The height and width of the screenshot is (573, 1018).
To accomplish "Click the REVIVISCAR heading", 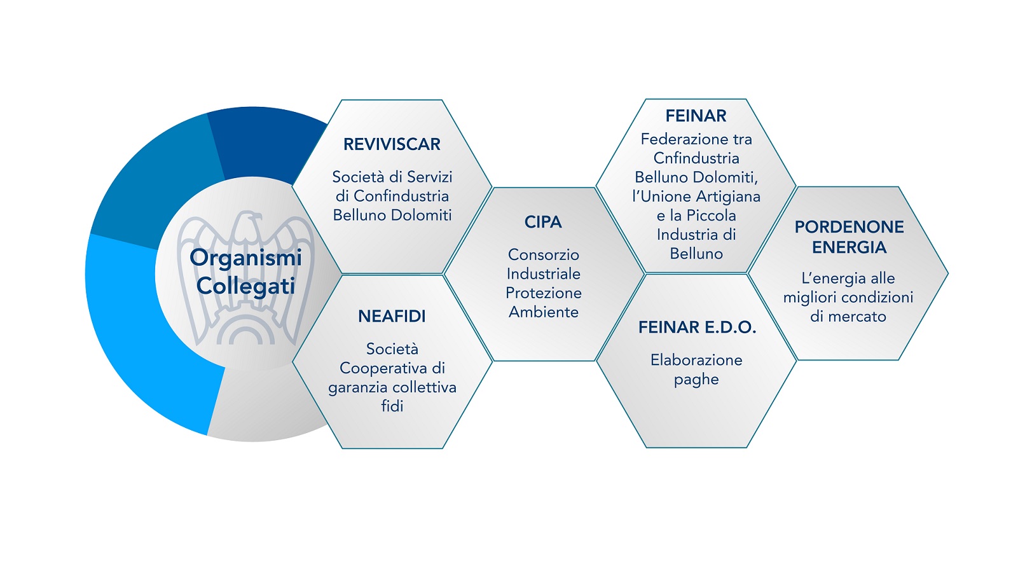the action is coord(392,144).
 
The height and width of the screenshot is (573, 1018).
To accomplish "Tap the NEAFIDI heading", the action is coord(392,316).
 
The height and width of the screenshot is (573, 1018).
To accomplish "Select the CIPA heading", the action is coord(543,222).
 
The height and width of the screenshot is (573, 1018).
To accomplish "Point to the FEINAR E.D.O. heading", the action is coord(697,327).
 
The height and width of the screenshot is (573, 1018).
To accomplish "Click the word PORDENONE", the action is coord(849,227).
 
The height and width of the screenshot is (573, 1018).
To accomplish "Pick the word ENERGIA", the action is coord(849,247).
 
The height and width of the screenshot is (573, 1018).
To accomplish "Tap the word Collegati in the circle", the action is coord(245,286).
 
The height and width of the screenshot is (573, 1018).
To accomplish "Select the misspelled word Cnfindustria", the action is coord(696,158).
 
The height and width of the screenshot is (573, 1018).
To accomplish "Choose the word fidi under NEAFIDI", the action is coord(392,406).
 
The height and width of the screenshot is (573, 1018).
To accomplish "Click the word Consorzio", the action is coord(544,255).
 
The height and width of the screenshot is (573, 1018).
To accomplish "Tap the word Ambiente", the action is coord(544,312).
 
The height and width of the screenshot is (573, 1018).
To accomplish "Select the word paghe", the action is coord(696,380).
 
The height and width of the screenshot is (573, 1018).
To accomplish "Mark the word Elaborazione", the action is coord(696,361).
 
